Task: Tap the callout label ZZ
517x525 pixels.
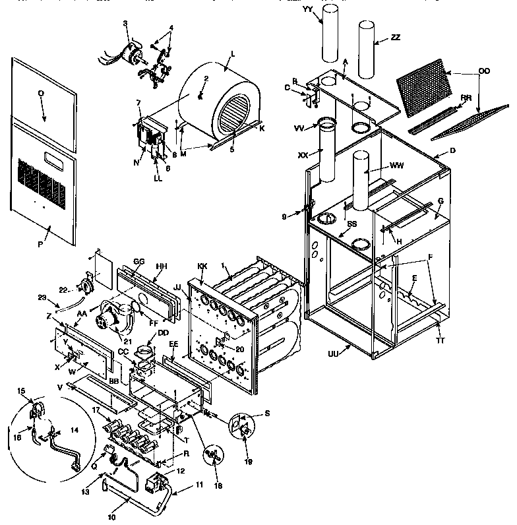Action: point(395,38)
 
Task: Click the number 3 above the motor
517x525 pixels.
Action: point(125,24)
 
